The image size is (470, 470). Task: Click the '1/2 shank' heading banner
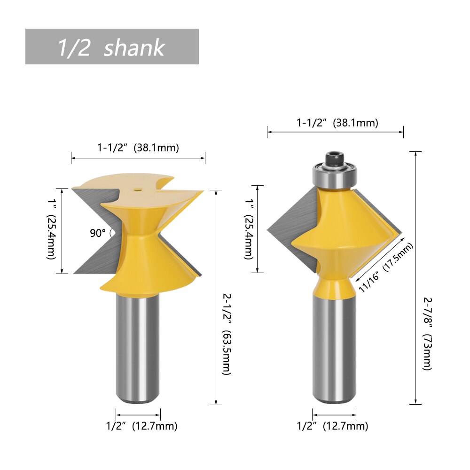(112, 47)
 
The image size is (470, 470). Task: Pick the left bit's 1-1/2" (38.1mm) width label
(138, 148)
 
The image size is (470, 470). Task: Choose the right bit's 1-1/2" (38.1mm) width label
(337, 123)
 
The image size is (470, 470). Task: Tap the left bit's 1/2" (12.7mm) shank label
(141, 426)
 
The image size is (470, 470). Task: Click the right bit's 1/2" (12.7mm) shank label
(332, 426)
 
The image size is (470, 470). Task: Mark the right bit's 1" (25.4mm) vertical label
(249, 229)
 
